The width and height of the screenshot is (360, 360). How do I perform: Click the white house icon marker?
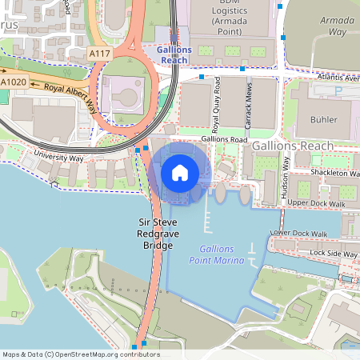coord(180,172)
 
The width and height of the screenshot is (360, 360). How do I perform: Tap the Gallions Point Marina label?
coord(216,254)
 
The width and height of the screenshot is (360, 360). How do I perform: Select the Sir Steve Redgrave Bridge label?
coord(157,232)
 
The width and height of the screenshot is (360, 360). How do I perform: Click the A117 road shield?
coord(100,53)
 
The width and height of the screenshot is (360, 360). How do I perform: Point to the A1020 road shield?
coord(13,82)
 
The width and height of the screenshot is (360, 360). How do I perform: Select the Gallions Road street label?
coord(224,138)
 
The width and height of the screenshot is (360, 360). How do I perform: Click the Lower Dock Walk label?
coord(298,234)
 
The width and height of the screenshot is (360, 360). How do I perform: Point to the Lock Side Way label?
coord(334,253)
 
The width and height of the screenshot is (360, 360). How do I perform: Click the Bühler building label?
coord(322,119)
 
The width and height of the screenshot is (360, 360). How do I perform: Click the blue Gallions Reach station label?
coord(174,54)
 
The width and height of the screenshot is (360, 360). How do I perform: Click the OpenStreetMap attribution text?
coord(81,354)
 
